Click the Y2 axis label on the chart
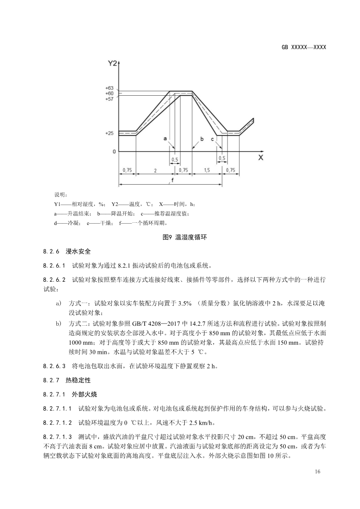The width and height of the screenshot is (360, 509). pyautogui.click(x=112, y=64)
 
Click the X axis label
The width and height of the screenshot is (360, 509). pyautogui.click(x=261, y=158)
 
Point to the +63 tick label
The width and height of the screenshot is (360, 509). pyautogui.click(x=109, y=88)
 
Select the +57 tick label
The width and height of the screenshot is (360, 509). pyautogui.click(x=109, y=98)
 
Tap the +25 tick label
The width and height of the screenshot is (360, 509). pyautogui.click(x=109, y=133)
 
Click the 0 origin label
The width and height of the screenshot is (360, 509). pyautogui.click(x=114, y=152)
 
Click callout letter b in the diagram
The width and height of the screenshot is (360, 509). pyautogui.click(x=202, y=138)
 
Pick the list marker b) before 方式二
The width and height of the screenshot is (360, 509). pyautogui.click(x=58, y=323)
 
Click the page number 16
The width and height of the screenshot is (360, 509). pyautogui.click(x=317, y=472)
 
